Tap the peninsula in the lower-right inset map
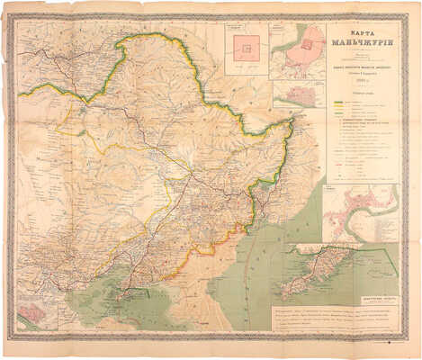pos(315,279)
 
